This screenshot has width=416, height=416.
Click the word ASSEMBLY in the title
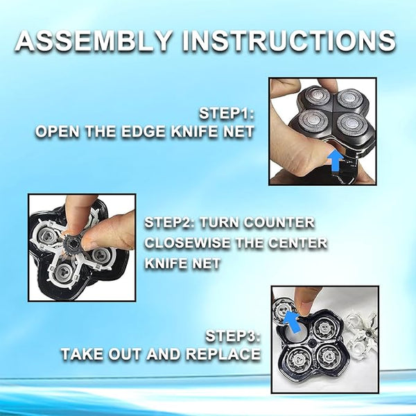(93, 40)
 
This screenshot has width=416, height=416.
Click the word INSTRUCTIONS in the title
(289, 40)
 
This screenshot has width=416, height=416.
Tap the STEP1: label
(227, 113)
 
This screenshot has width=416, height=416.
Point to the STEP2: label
(170, 223)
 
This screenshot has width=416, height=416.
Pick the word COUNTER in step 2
(279, 223)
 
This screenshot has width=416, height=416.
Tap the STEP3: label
(233, 336)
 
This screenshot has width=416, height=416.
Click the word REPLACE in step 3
(223, 354)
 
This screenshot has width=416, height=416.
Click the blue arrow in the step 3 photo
(293, 322)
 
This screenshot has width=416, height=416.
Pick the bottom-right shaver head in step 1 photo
(352, 123)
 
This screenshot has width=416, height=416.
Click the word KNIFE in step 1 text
(195, 131)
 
